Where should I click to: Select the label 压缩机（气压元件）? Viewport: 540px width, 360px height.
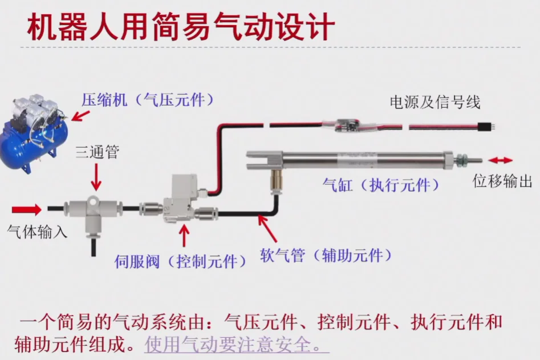[x=148, y=100]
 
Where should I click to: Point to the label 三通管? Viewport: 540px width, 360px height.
[x=97, y=153]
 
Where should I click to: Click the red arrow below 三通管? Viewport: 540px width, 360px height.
[x=96, y=177]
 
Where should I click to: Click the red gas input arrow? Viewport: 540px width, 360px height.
[x=27, y=209]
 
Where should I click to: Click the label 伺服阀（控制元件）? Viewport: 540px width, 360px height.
[x=180, y=261]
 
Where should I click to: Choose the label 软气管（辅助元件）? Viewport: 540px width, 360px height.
[x=326, y=254]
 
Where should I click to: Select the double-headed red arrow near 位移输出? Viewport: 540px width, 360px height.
[x=500, y=160]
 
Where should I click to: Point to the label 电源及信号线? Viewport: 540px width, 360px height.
[x=435, y=102]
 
